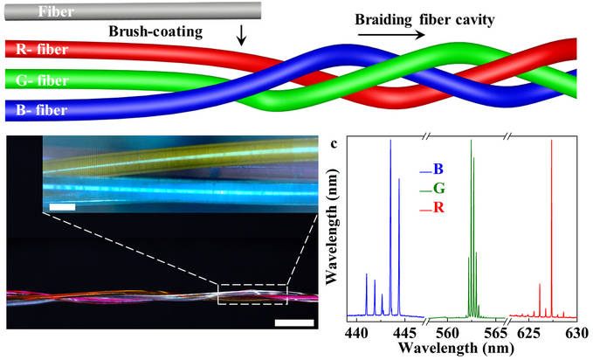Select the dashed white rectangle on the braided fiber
pos(252,294)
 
